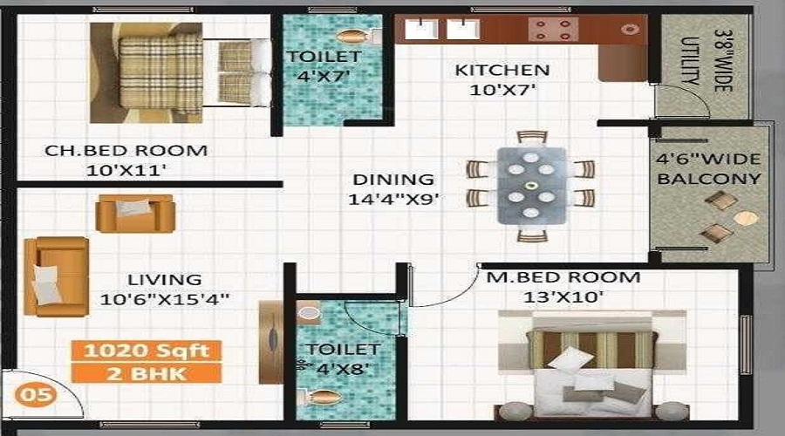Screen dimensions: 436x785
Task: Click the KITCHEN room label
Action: (x=502, y=71)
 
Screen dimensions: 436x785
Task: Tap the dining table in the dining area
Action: (x=531, y=185)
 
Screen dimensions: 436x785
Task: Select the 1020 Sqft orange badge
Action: (x=146, y=351)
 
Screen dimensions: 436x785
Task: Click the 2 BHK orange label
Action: (x=146, y=373)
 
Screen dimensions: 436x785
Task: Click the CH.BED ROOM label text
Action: (x=126, y=151)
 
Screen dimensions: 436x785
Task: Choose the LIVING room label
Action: (x=165, y=280)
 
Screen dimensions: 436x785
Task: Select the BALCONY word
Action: (x=709, y=179)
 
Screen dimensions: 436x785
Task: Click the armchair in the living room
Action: (x=134, y=213)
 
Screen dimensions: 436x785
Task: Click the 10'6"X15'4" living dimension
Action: (x=165, y=298)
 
